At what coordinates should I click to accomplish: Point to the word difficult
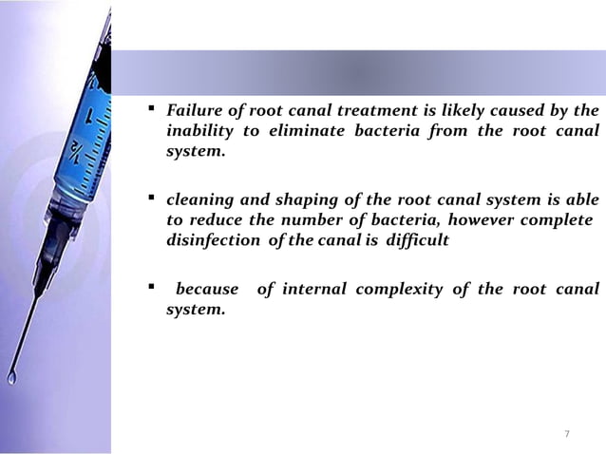coord(409,241)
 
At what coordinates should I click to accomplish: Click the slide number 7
coord(567,434)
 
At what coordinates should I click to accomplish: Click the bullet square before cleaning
coord(152,200)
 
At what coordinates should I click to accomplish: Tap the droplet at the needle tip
coord(11,378)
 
